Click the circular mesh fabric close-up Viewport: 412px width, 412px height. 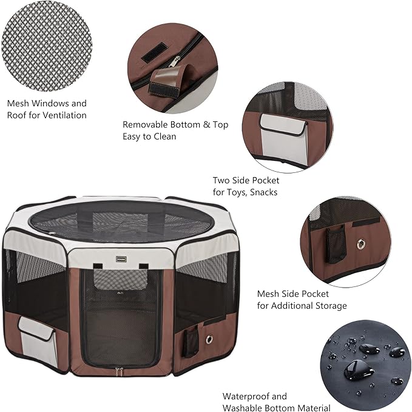46,46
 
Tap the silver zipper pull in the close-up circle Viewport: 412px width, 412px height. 175,61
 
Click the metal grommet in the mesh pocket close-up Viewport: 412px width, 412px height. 362,243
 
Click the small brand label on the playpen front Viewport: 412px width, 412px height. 119,258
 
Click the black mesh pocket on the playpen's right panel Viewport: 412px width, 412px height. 192,342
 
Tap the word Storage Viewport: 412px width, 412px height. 326,306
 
